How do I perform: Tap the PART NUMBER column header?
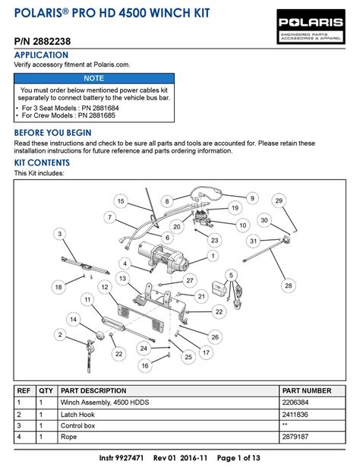pyautogui.click(x=307, y=390)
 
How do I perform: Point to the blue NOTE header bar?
pyautogui.click(x=94, y=78)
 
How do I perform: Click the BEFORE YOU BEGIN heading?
pyautogui.click(x=53, y=133)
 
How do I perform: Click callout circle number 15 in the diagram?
pyautogui.click(x=120, y=200)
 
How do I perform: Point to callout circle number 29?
pyautogui.click(x=279, y=200)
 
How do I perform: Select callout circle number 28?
pyautogui.click(x=288, y=285)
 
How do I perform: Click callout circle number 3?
pyautogui.click(x=59, y=235)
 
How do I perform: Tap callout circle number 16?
pyautogui.click(x=144, y=365)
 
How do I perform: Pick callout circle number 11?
pyautogui.click(x=88, y=300)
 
